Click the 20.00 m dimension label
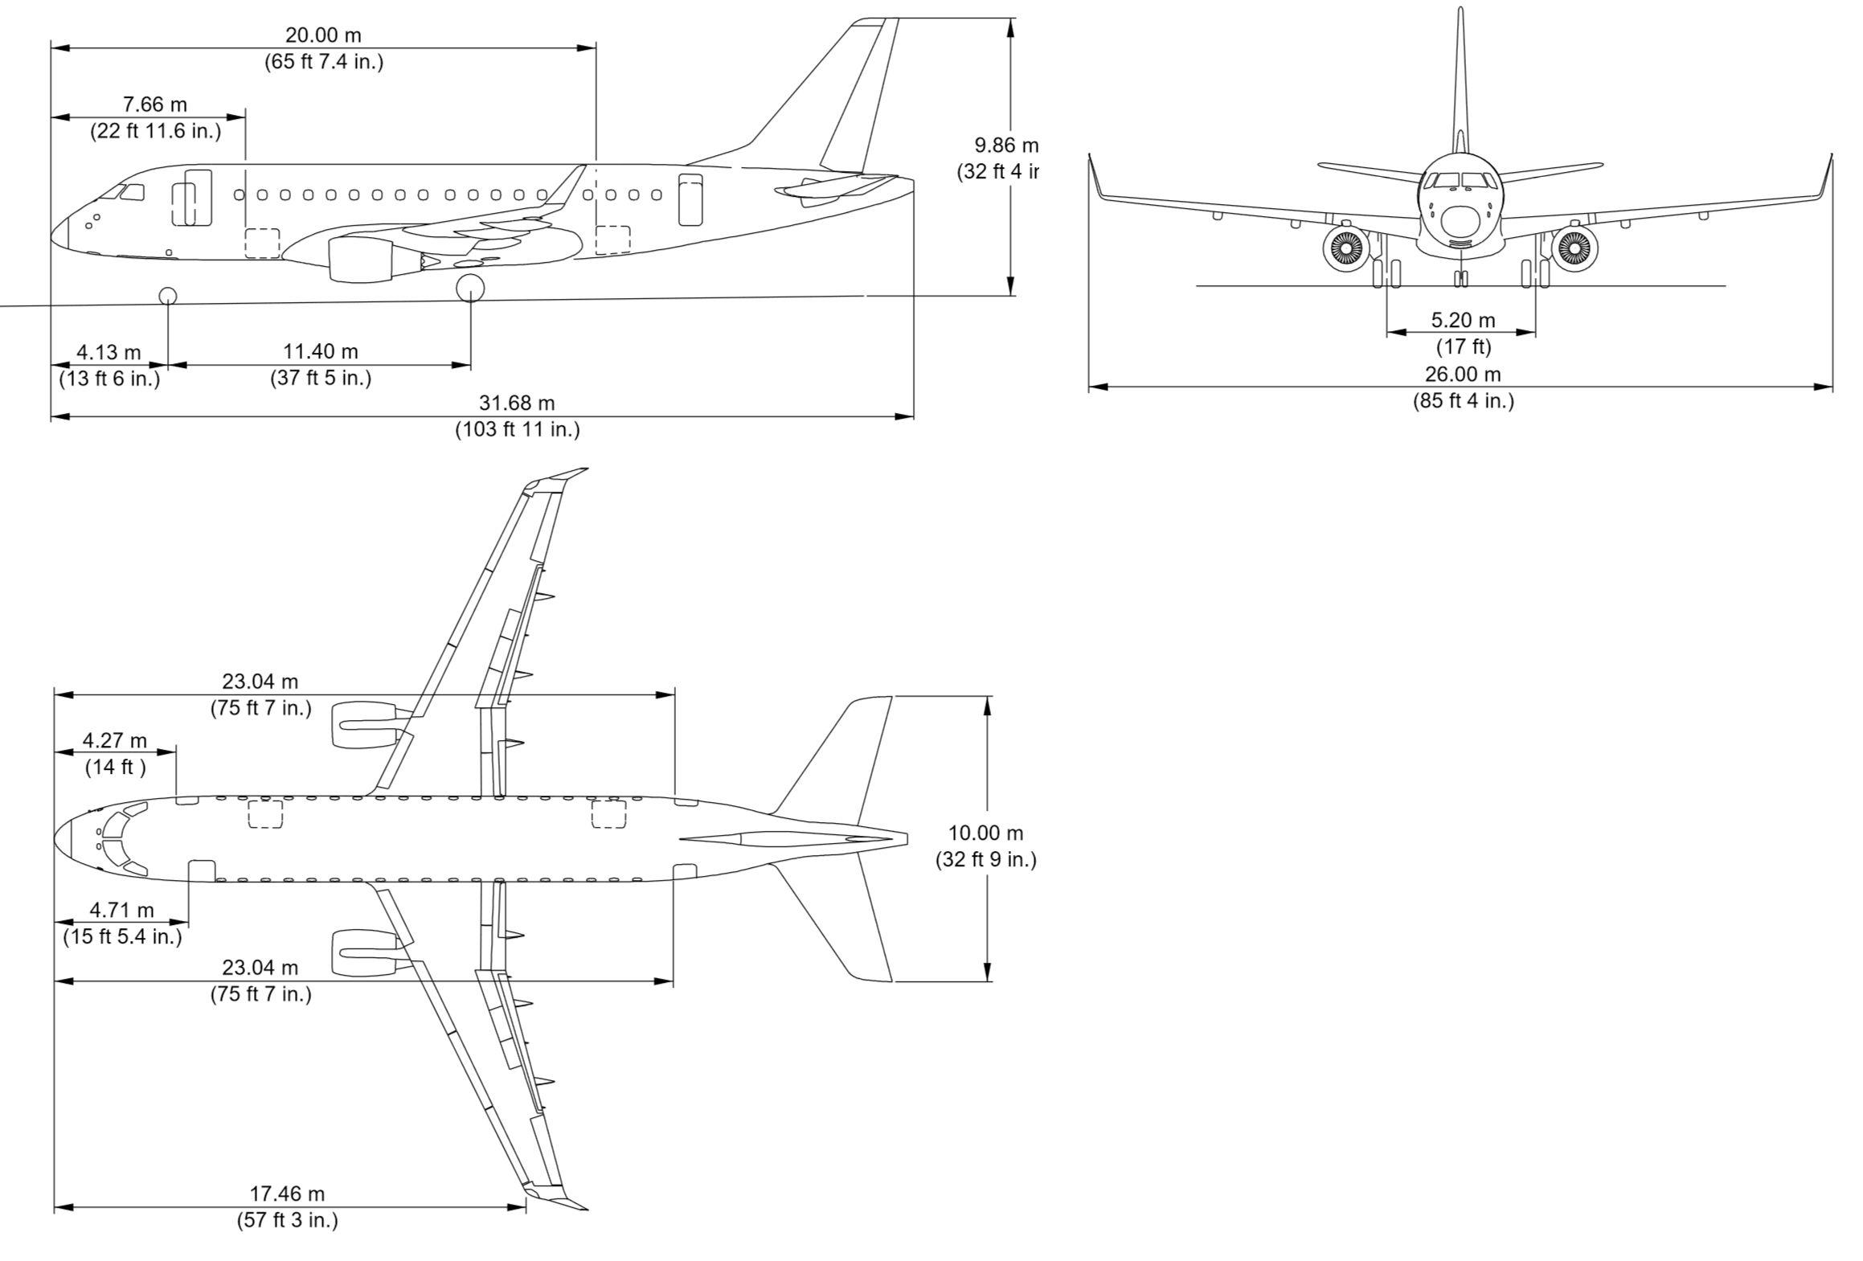tap(323, 35)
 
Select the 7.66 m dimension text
tap(154, 104)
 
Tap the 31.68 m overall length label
tap(517, 403)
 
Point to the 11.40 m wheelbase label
tap(321, 351)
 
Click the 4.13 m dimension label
tap(109, 352)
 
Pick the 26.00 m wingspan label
tap(1463, 374)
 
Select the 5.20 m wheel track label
tap(1463, 320)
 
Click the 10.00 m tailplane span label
tap(986, 833)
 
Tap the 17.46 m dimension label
tap(287, 1193)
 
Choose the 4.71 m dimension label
tap(121, 910)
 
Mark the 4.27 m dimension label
tap(115, 739)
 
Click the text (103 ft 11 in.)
tap(517, 429)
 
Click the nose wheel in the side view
tap(167, 296)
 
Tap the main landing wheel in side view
tap(470, 288)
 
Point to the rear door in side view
tap(690, 199)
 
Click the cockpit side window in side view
tap(133, 192)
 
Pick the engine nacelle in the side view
tap(362, 259)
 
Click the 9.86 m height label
tap(1005, 145)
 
